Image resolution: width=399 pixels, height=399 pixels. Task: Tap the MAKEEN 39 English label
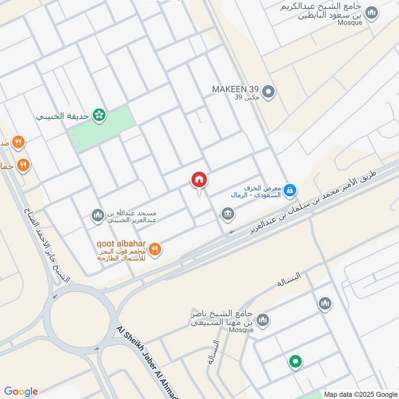235,89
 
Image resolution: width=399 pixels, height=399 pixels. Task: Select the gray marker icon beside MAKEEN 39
269,92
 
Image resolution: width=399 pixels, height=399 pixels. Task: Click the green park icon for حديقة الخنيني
99,115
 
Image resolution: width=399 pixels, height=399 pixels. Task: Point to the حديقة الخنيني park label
62,116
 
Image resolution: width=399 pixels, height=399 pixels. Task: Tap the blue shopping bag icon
290,190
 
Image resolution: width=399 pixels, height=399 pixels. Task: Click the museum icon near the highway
228,214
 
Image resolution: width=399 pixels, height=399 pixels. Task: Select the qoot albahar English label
121,244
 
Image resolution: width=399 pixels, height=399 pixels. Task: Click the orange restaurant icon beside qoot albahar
155,249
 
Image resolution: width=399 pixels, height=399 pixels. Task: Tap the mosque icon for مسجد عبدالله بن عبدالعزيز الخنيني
97,215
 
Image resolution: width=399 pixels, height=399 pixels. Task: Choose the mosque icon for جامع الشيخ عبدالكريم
371,13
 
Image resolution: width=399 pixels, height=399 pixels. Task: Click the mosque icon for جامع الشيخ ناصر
262,320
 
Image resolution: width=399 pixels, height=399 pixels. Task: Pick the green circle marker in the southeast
295,362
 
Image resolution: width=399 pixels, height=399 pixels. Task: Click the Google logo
21,392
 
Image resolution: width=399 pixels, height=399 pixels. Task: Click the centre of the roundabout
76,319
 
